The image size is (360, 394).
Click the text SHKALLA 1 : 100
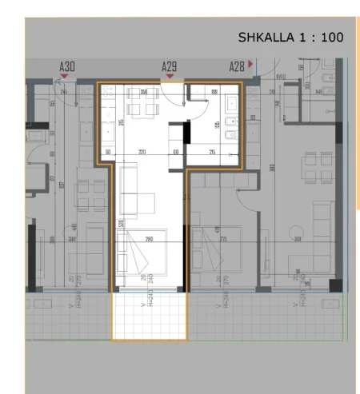[290, 38]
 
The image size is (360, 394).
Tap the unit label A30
[67, 67]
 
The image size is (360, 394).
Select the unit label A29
[169, 67]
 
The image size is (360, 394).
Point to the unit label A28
[237, 67]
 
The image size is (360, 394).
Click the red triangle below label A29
[169, 78]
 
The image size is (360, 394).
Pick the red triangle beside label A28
[251, 63]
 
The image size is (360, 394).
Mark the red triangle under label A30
[63, 78]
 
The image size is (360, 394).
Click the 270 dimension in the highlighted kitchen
[142, 151]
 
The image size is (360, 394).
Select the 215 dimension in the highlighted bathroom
[213, 151]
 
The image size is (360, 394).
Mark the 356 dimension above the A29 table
[144, 92]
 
